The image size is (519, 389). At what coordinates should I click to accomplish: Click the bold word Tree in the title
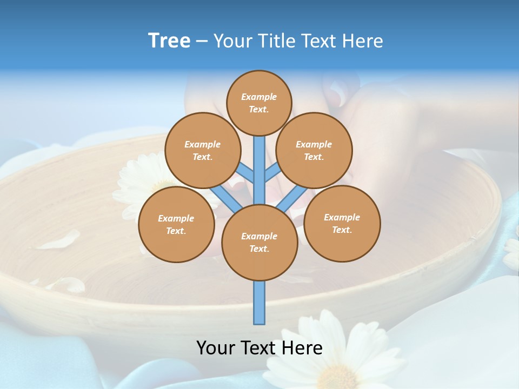[169, 41]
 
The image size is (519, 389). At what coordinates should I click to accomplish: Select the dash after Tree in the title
[202, 42]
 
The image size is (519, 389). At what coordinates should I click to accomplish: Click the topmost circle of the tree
[259, 103]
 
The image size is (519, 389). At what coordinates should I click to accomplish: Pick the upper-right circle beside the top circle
[314, 150]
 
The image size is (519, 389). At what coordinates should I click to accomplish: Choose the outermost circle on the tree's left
[176, 224]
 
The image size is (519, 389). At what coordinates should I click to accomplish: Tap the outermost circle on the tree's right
[342, 223]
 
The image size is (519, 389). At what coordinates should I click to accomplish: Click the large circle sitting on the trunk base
[259, 242]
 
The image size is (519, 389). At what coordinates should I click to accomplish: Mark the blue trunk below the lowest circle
[259, 303]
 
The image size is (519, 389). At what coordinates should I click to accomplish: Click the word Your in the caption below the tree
[215, 348]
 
